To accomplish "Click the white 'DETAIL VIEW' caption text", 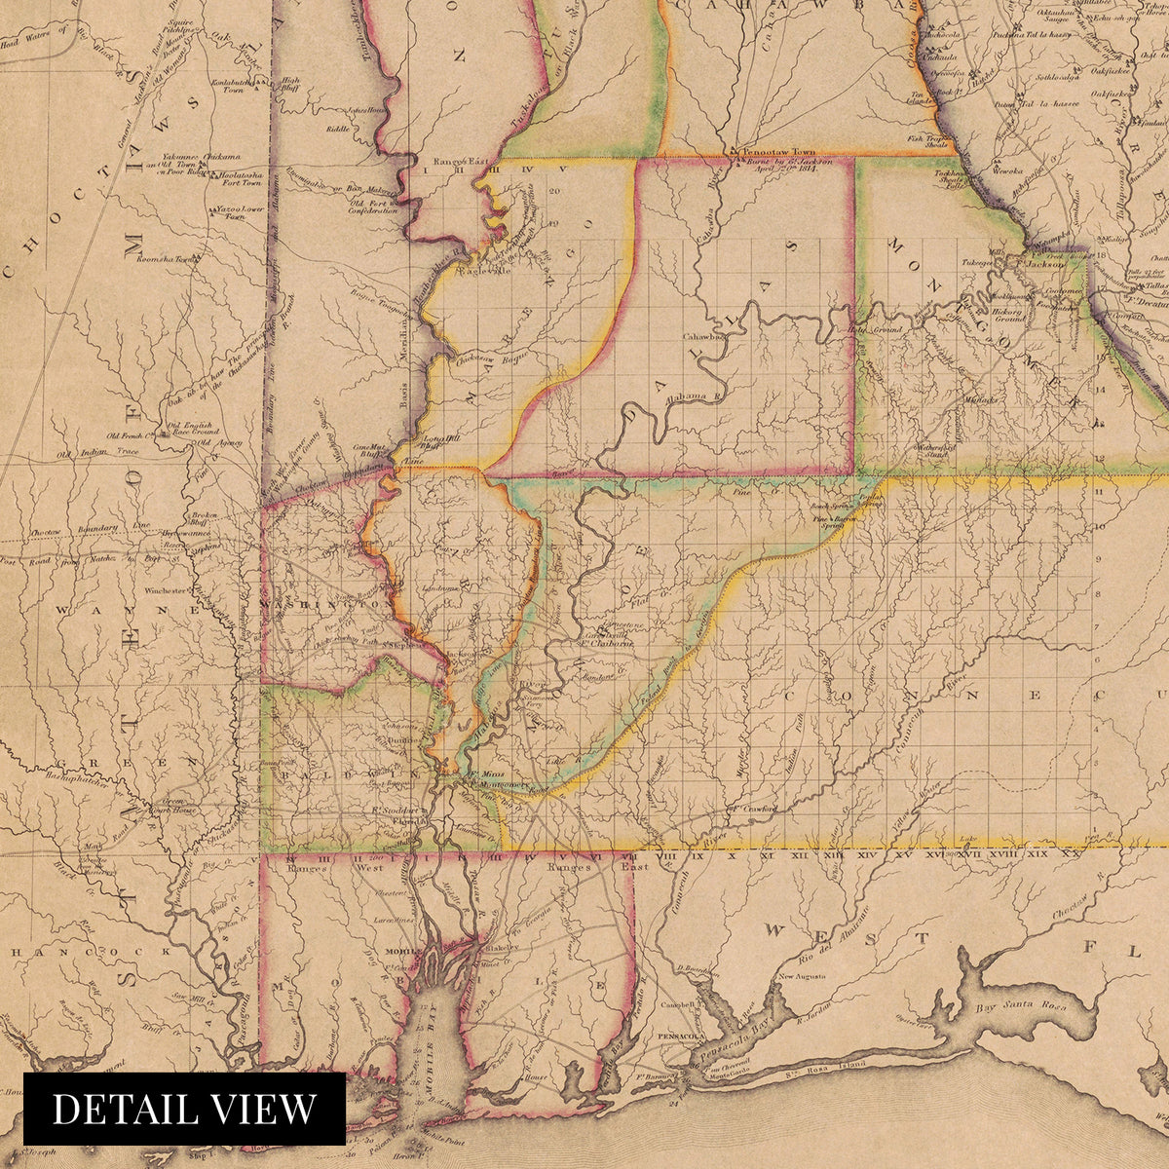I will click(184, 1109).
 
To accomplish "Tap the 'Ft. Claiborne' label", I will click(609, 642).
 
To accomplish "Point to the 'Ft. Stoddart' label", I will click(395, 810).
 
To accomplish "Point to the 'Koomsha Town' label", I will click(168, 260).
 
